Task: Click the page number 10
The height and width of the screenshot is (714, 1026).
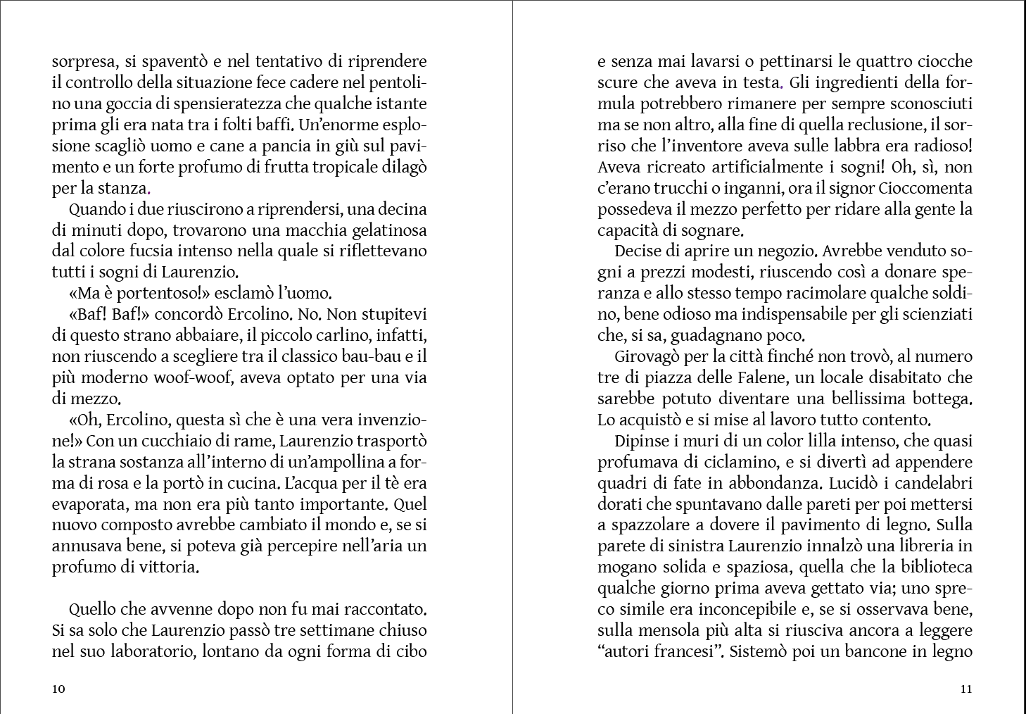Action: [x=58, y=689]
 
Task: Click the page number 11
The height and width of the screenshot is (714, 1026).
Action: [x=966, y=689]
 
